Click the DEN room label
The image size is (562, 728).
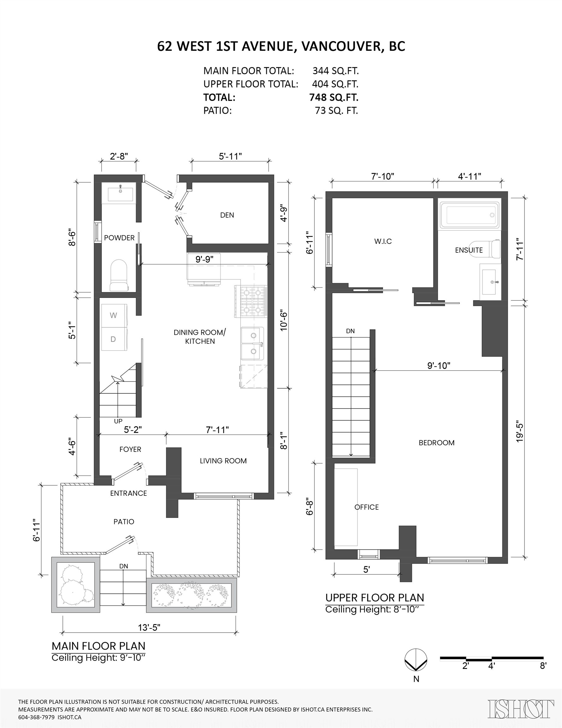point(227,215)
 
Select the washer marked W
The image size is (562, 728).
point(113,315)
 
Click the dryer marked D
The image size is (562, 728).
point(113,339)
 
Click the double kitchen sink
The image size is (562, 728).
point(253,343)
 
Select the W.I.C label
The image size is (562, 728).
point(383,241)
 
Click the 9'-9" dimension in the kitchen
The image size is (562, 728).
point(204,259)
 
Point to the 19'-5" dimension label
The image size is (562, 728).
point(520,433)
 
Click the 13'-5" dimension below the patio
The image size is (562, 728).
point(149,627)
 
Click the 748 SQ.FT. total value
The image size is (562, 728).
point(334,97)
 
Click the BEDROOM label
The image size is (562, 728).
point(436,443)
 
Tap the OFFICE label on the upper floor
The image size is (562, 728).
point(367,507)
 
